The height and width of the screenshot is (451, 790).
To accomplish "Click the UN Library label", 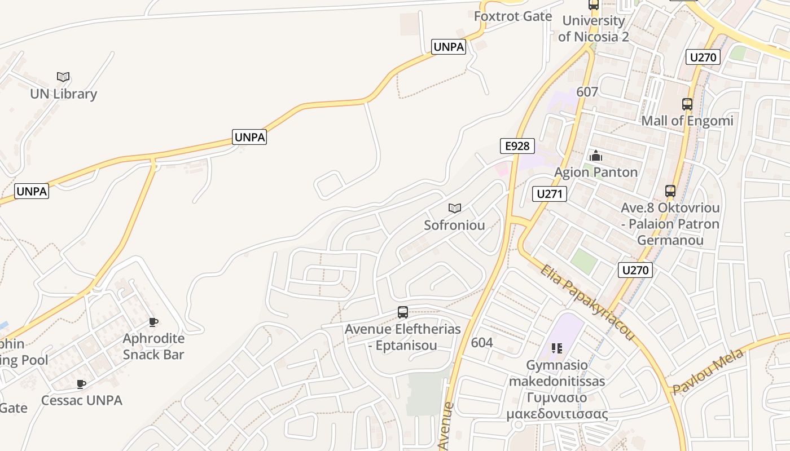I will pos(63,94).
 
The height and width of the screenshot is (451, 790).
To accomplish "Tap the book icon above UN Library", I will pos(63,77).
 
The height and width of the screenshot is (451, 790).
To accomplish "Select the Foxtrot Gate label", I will pos(512,16).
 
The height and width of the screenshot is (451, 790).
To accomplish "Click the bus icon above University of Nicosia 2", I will pos(593,5).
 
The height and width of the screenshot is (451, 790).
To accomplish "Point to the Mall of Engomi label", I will pos(687,121).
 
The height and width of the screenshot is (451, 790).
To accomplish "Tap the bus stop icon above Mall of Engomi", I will pos(687,104).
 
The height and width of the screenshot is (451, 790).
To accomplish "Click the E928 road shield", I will pos(517,146).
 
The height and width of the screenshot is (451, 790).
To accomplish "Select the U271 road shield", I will pos(549,194).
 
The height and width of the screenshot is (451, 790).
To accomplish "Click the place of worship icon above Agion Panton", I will pos(596,156).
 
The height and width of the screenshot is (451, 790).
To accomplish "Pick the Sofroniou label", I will pos(454,225).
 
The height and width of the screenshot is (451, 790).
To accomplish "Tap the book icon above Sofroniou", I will pos(454,209).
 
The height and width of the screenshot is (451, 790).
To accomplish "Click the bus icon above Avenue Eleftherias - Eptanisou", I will pos(402,312).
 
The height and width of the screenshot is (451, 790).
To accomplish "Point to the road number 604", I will pos(481,342).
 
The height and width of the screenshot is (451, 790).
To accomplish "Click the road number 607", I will pos(587,91).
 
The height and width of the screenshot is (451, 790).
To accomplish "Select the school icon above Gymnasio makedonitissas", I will pos(557,348).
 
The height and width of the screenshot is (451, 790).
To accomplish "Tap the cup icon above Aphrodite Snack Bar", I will pos(153,322).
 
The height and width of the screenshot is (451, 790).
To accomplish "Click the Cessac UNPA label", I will pos(82,400).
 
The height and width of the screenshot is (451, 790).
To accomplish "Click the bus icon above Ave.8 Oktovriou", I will pos(670,191).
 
